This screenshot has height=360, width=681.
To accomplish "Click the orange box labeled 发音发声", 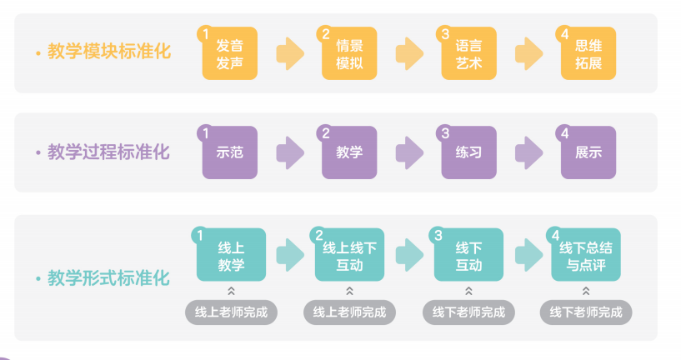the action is tap(230, 53).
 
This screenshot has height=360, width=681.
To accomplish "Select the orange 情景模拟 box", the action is tap(349, 53).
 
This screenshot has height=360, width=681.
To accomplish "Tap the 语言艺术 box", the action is tap(468, 53).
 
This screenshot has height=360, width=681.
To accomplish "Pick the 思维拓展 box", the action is tap(588, 53).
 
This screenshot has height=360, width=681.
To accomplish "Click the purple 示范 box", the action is tap(230, 152).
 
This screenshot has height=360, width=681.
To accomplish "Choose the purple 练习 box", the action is tap(468, 152).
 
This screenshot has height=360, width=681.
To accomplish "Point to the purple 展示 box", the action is tap(588, 152).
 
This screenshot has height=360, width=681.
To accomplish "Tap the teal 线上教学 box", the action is tap(231, 254).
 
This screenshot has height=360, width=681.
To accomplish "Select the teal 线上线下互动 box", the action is tap(349, 254).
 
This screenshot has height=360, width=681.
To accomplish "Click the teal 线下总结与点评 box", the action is tap(586, 254).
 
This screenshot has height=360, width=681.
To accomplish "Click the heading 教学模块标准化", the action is tap(109, 51).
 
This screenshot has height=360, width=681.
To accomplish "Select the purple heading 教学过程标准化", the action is tap(108, 152).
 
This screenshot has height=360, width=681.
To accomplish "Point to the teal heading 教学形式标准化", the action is tap(108, 278).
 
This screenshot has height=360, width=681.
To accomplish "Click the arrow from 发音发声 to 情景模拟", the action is tap(290, 53).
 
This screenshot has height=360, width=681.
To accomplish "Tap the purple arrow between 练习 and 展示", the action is tap(529, 152).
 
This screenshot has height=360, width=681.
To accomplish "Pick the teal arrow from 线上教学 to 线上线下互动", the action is tap(290, 255).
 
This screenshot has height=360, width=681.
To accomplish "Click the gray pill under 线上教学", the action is tap(231, 312).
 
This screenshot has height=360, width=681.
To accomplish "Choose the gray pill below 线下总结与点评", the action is tap(586, 312).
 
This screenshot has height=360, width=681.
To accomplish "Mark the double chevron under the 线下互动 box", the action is tap(468, 291).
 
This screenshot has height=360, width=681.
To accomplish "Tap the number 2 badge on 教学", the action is tap(325, 133).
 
